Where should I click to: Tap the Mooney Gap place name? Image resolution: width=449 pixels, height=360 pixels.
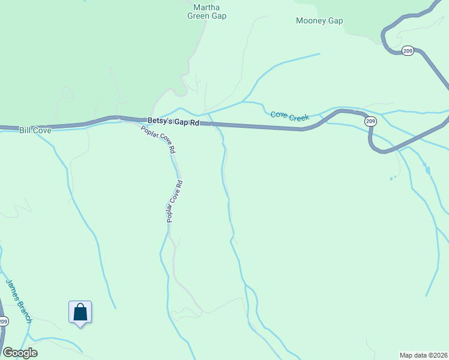[319, 20]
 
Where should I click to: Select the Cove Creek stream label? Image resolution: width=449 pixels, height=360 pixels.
[289, 116]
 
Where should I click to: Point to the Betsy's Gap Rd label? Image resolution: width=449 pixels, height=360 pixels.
[173, 122]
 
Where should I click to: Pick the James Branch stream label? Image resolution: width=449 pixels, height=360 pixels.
[18, 301]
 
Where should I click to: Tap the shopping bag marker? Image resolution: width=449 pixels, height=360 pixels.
[80, 313]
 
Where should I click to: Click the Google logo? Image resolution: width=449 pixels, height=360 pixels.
[20, 353]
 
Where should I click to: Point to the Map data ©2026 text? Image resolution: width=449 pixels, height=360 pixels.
[423, 355]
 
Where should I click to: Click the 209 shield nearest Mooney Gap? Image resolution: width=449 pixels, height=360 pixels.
[408, 50]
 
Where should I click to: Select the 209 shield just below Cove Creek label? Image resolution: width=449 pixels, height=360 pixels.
[370, 121]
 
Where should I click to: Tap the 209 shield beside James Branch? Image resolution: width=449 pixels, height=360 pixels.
[3, 322]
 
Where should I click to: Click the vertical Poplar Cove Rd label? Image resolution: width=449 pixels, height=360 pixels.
[173, 202]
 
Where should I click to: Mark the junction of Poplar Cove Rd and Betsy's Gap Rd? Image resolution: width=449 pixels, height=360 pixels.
[124, 118]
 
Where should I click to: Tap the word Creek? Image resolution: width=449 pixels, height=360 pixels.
[298, 118]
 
